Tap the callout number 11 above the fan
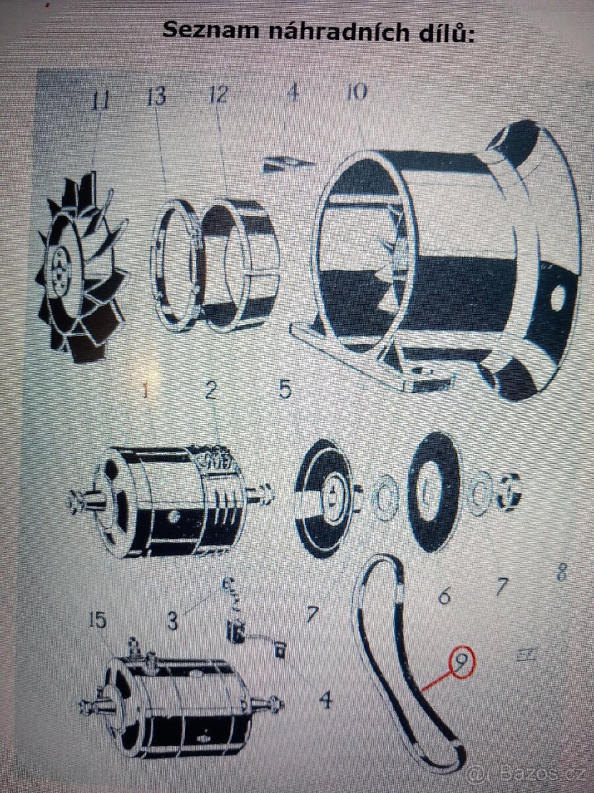[100, 101]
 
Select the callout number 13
[156, 96]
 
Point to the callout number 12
[217, 95]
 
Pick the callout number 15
[98, 621]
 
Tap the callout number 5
[284, 389]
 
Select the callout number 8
[561, 572]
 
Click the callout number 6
[444, 596]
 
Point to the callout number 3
[172, 621]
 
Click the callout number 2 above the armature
[211, 390]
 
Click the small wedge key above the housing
[288, 163]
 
